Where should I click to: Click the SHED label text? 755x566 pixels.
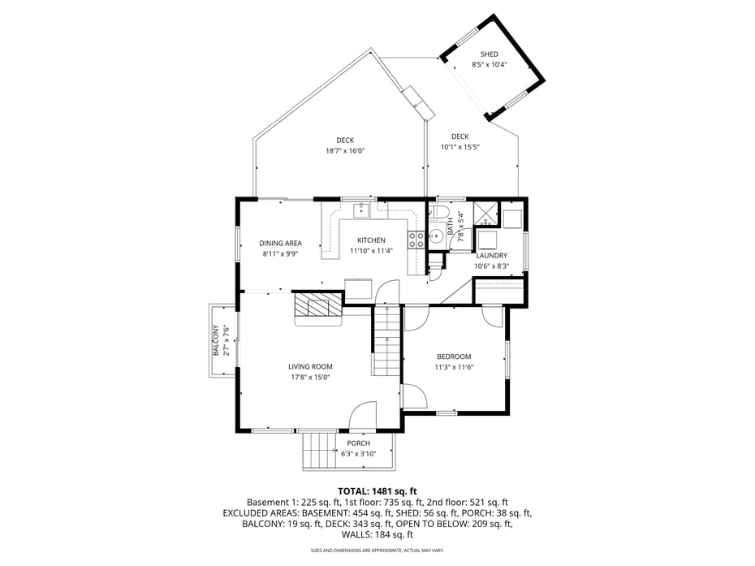(490, 54)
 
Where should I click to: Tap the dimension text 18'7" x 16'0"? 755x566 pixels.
(345, 150)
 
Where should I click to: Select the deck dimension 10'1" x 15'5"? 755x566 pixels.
(460, 147)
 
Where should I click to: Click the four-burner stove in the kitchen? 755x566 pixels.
(416, 239)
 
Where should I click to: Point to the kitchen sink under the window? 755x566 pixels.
(361, 210)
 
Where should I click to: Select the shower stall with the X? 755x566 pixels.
(485, 213)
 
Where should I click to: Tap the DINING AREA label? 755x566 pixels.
(280, 243)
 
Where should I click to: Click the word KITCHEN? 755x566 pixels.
(371, 240)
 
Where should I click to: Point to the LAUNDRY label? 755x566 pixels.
(491, 255)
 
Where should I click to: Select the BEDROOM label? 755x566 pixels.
(453, 356)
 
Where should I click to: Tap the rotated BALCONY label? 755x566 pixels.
(216, 340)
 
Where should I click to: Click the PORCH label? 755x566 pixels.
(358, 443)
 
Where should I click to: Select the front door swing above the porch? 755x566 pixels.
(362, 416)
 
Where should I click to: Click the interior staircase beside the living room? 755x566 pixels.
(388, 340)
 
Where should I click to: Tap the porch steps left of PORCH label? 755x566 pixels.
(320, 452)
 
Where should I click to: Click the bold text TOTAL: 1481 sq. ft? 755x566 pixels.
(377, 491)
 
